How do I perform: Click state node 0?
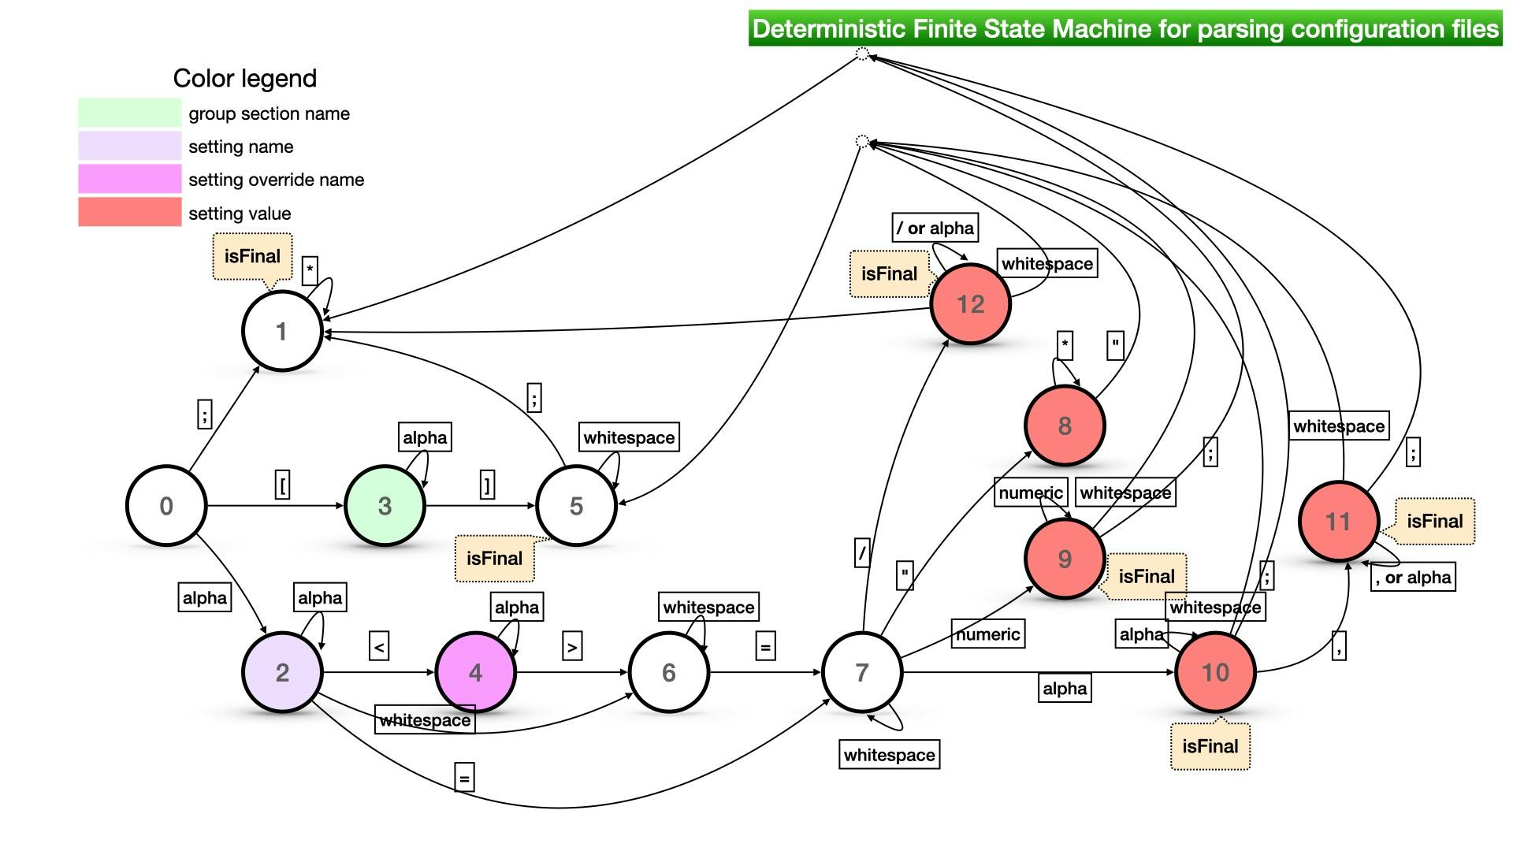click(166, 506)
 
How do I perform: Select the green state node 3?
click(385, 506)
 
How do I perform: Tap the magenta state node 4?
click(475, 672)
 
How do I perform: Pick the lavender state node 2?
click(282, 672)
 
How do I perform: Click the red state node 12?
click(970, 304)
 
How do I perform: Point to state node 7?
click(862, 672)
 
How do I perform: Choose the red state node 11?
click(1338, 521)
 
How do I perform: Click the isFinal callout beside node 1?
click(252, 256)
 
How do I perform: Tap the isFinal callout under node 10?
click(1210, 746)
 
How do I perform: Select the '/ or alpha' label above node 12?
click(935, 228)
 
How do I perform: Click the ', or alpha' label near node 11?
click(1413, 577)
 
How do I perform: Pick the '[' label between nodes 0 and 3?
click(282, 484)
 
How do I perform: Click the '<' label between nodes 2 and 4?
click(379, 647)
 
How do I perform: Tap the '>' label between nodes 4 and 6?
click(572, 647)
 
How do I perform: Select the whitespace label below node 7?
click(889, 755)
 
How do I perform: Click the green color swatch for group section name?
click(129, 113)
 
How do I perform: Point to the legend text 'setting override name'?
click(276, 180)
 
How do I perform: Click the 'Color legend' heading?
click(244, 78)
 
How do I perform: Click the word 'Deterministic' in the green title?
click(828, 29)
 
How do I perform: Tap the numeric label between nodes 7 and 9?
click(987, 634)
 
